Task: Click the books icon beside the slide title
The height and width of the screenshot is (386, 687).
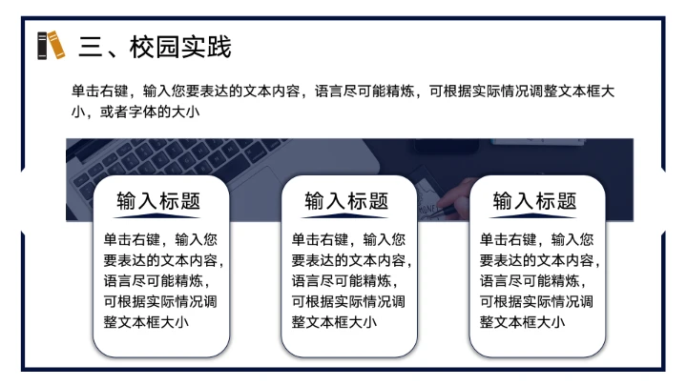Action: point(51,45)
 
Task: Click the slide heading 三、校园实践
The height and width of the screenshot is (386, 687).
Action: point(155,46)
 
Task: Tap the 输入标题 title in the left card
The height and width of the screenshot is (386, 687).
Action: point(158,201)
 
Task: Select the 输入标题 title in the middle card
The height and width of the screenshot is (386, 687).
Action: point(346,201)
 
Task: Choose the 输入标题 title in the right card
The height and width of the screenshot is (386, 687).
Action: point(534,201)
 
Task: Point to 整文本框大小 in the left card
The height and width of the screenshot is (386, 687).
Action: point(145,322)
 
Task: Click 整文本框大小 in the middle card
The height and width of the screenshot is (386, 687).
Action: point(333,322)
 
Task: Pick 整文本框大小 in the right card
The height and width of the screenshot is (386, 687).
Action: point(521,322)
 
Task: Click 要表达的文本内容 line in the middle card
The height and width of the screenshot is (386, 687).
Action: point(350,260)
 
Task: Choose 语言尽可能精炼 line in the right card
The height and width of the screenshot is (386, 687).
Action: point(531,281)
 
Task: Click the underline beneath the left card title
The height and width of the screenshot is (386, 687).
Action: point(158,216)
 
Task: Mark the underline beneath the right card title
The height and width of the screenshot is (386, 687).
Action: point(534,216)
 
